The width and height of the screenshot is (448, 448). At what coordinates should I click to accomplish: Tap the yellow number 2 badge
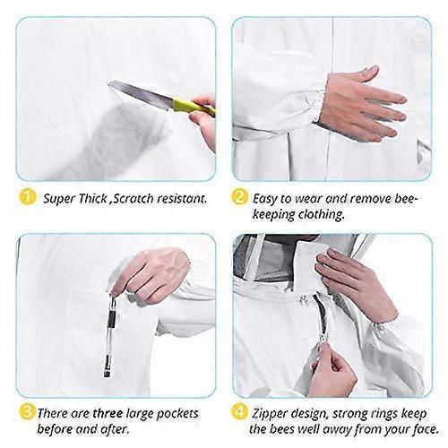tap(240, 197)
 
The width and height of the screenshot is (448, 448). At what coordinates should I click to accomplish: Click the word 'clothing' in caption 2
tap(323, 215)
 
